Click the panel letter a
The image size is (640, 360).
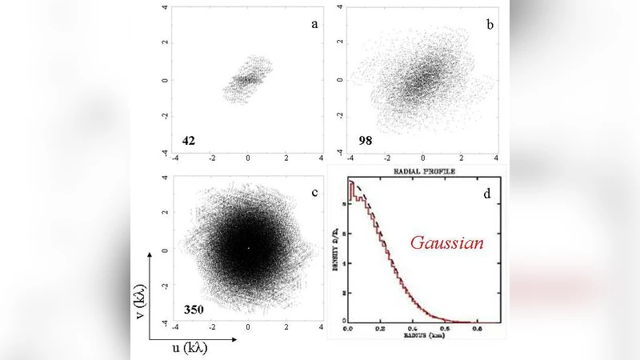tap(315, 24)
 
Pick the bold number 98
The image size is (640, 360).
tap(365, 141)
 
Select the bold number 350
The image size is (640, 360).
tap(194, 308)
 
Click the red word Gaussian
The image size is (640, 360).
tap(447, 242)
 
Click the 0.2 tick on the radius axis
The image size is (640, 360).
tap(379, 329)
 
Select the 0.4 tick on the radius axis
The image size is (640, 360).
tap(412, 329)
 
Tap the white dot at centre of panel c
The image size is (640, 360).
tap(248, 249)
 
